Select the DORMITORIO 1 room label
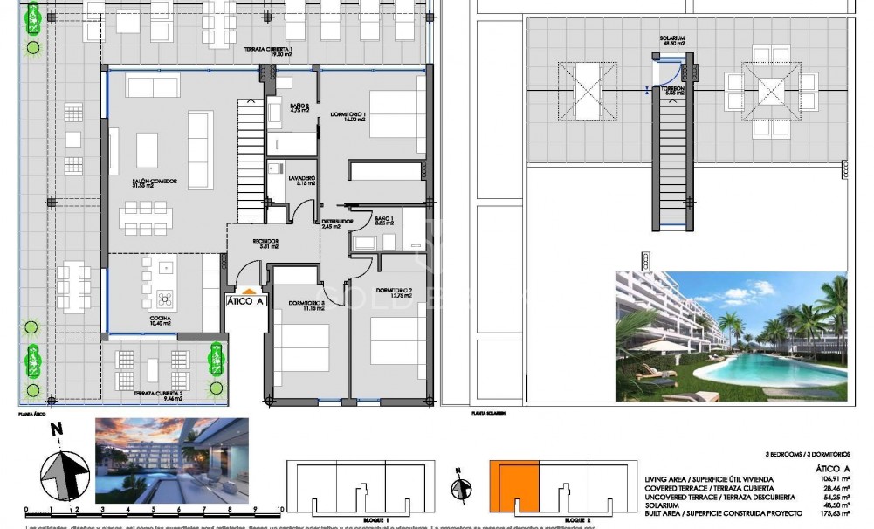coord(348,118)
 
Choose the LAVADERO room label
coord(301,180)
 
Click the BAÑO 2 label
coord(300,108)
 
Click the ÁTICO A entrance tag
coord(245,301)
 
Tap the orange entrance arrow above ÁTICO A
coord(248,291)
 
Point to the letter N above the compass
coord(56,429)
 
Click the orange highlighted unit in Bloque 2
coord(513,486)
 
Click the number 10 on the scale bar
coord(279,507)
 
